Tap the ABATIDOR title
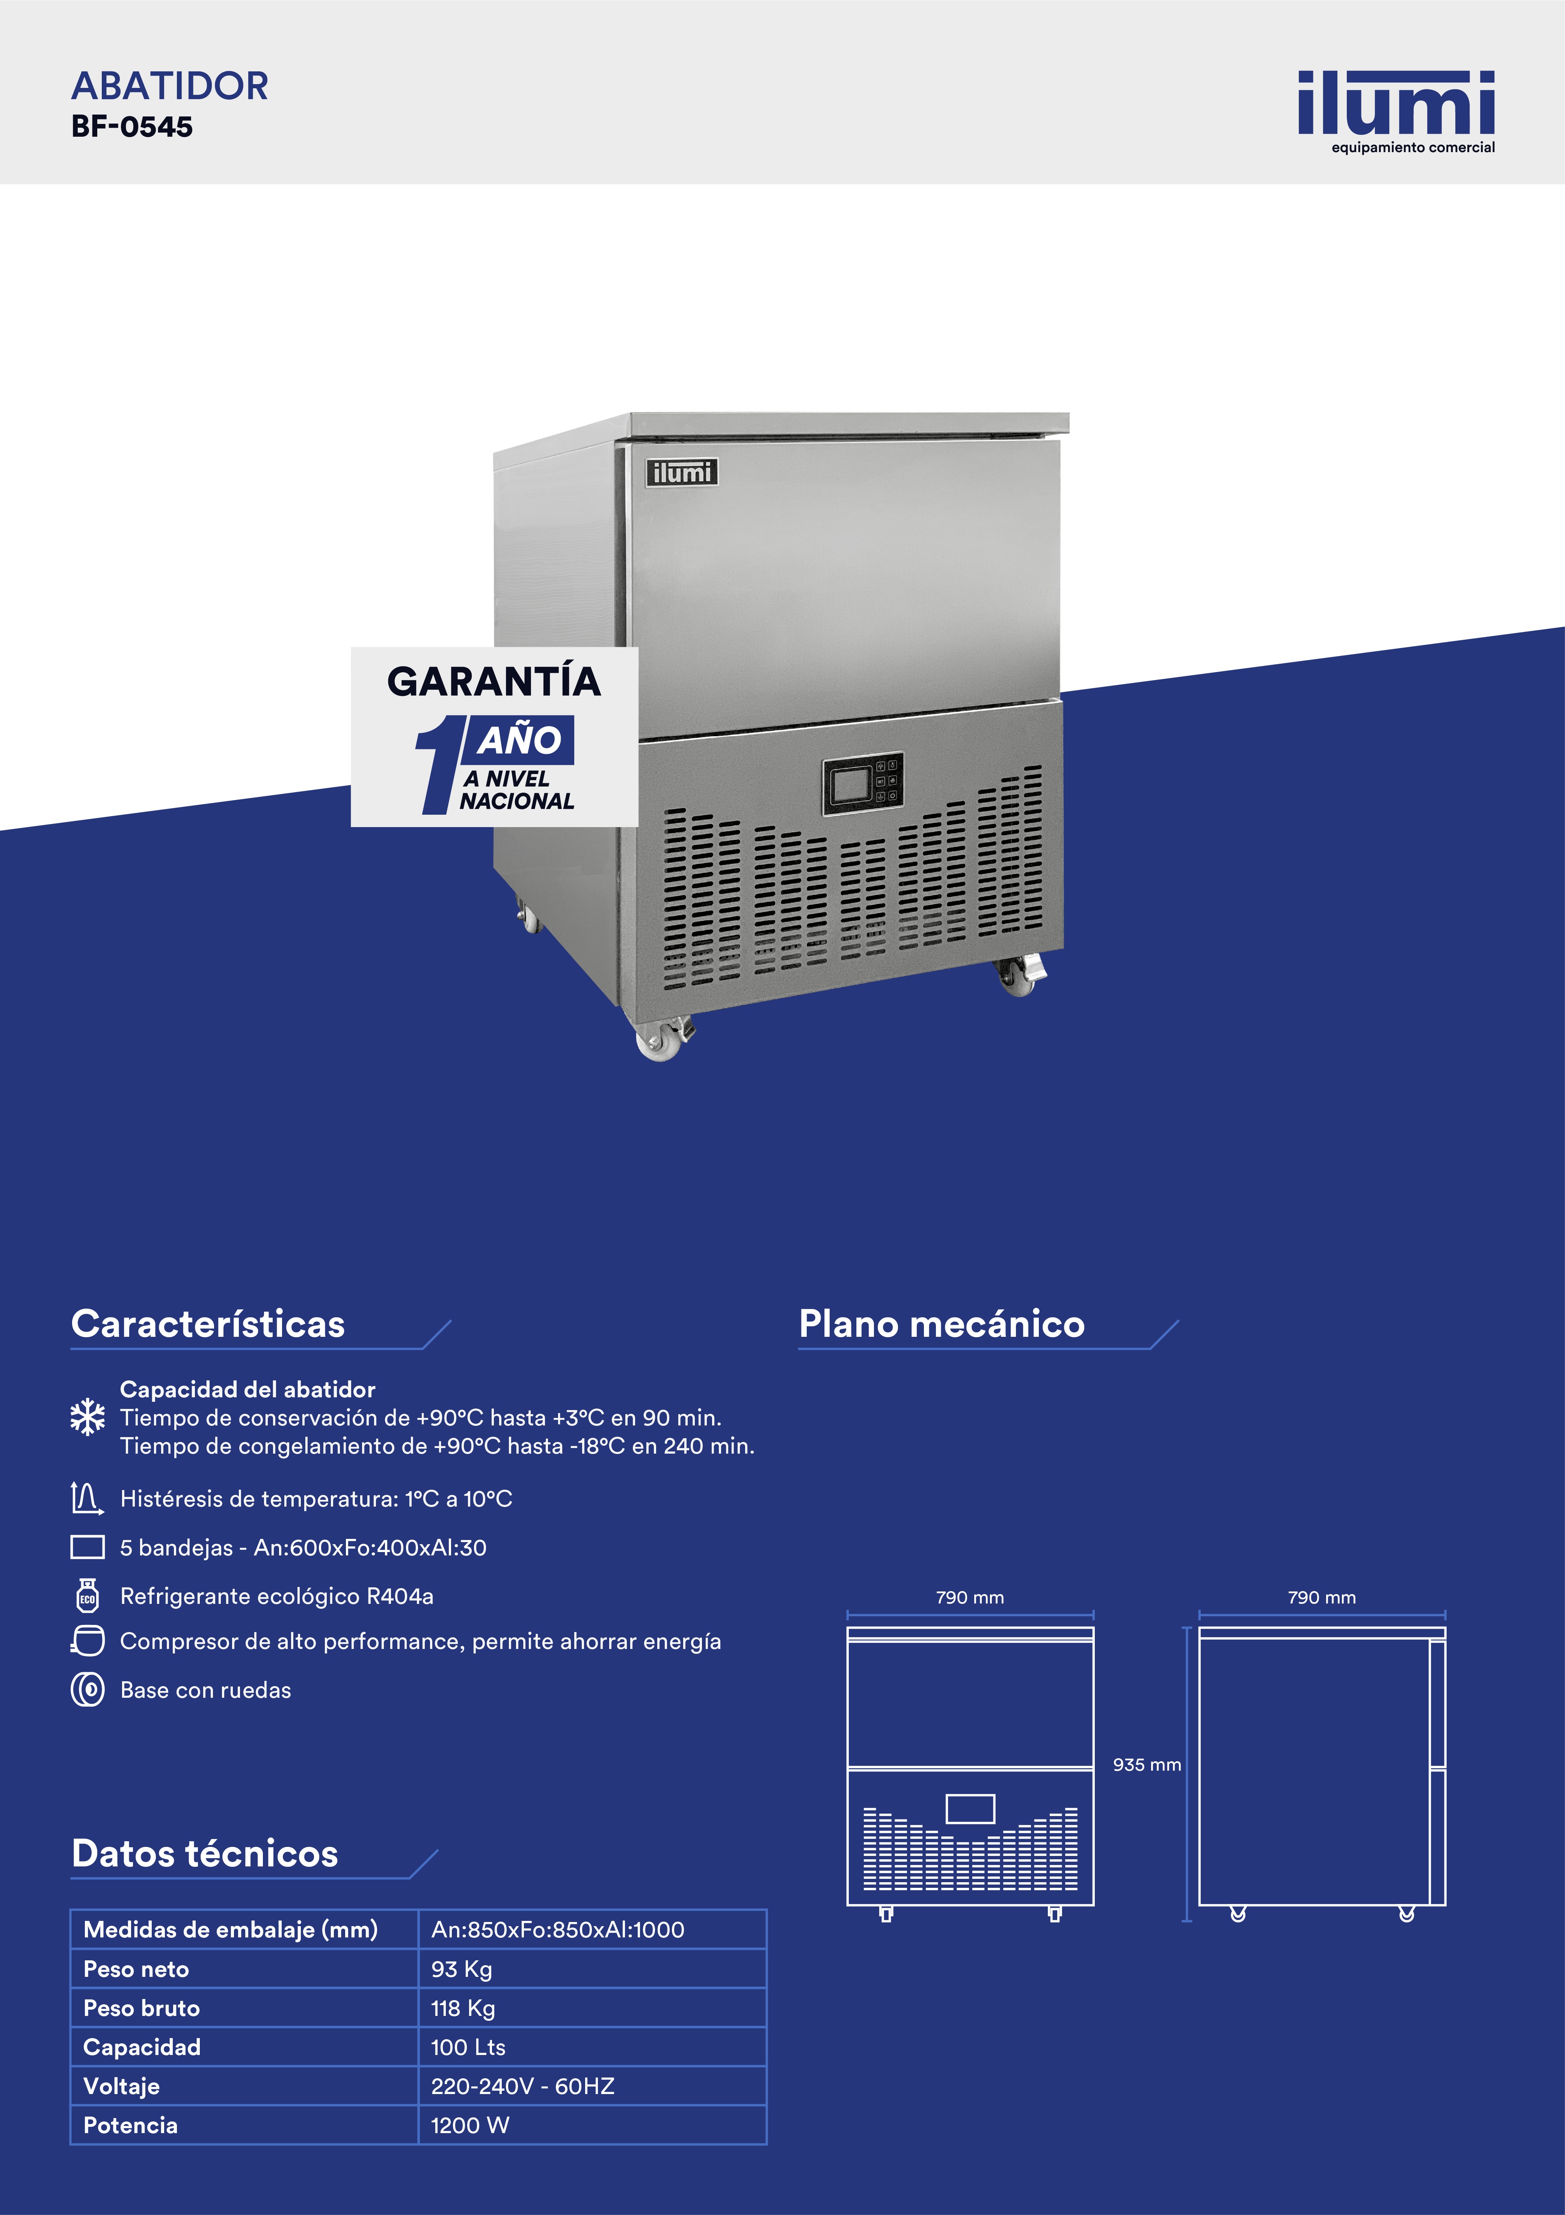170,86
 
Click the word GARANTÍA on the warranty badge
494,681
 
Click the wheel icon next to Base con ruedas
88,1689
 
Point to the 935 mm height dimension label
1146,1765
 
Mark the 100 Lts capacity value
468,2047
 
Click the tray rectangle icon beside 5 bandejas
88,1546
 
